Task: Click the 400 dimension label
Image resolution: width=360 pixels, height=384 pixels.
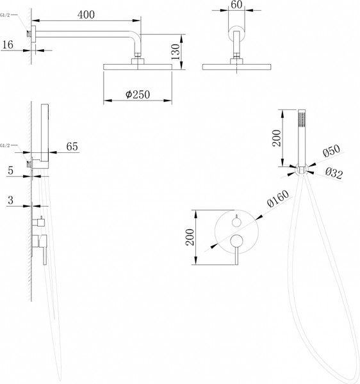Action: (x=86, y=15)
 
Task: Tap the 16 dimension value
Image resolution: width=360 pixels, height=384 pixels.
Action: (x=8, y=45)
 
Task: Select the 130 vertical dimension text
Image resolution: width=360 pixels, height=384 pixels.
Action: (x=176, y=52)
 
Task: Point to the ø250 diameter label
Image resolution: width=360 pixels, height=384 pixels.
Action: (x=138, y=94)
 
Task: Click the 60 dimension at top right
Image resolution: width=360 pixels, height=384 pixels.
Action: (x=236, y=4)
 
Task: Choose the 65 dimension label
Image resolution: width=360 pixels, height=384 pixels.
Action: (x=72, y=147)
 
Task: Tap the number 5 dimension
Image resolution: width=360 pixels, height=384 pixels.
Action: (x=10, y=170)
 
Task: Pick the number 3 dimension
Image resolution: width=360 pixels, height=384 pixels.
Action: (x=10, y=200)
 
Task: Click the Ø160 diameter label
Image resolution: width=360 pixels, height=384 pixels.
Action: (x=278, y=199)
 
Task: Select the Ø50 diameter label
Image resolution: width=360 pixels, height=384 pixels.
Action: (x=332, y=150)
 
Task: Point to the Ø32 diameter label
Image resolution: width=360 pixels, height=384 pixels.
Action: (x=334, y=173)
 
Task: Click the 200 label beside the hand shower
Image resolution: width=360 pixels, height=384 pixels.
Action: (x=277, y=138)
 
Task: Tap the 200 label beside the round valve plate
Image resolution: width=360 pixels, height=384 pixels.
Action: (x=190, y=237)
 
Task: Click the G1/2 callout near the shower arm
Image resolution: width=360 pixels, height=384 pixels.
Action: (x=5, y=15)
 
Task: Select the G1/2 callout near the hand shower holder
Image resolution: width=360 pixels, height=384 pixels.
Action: (x=5, y=145)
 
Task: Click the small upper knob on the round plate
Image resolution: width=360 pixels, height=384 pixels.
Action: (x=236, y=222)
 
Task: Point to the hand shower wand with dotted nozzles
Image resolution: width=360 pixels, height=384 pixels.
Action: (x=302, y=138)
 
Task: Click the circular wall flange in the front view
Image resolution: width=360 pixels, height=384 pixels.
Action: (x=236, y=33)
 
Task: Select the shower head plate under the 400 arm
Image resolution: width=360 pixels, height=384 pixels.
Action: (x=138, y=67)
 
